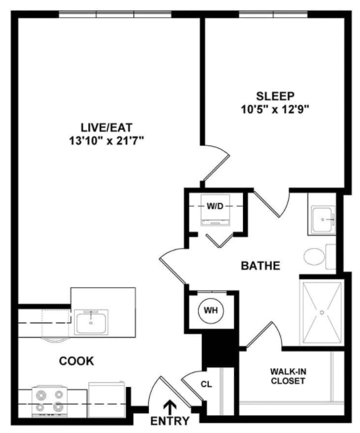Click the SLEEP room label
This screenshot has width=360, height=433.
point(275,96)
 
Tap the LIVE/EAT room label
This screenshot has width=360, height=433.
point(107,127)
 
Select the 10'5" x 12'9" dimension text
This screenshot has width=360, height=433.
point(275,109)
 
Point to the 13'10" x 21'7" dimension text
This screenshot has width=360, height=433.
point(107,141)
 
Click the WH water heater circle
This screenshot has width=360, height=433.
point(211,310)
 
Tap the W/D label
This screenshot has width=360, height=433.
point(215,207)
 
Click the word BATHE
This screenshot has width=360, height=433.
point(260,265)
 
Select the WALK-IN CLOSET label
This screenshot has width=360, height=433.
point(288,376)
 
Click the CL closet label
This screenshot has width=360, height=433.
point(207,384)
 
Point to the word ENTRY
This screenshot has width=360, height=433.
point(170,421)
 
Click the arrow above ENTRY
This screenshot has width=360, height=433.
point(170,407)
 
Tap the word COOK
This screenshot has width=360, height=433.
point(77,361)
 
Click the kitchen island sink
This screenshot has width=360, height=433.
point(91,322)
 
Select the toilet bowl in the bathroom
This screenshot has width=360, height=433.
point(314,256)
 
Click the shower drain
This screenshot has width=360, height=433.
point(322,312)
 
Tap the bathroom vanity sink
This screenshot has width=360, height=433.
point(324,219)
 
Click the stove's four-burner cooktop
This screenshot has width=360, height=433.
point(50,401)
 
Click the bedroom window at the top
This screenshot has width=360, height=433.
point(273,14)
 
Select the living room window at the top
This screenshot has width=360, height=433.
point(115,14)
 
